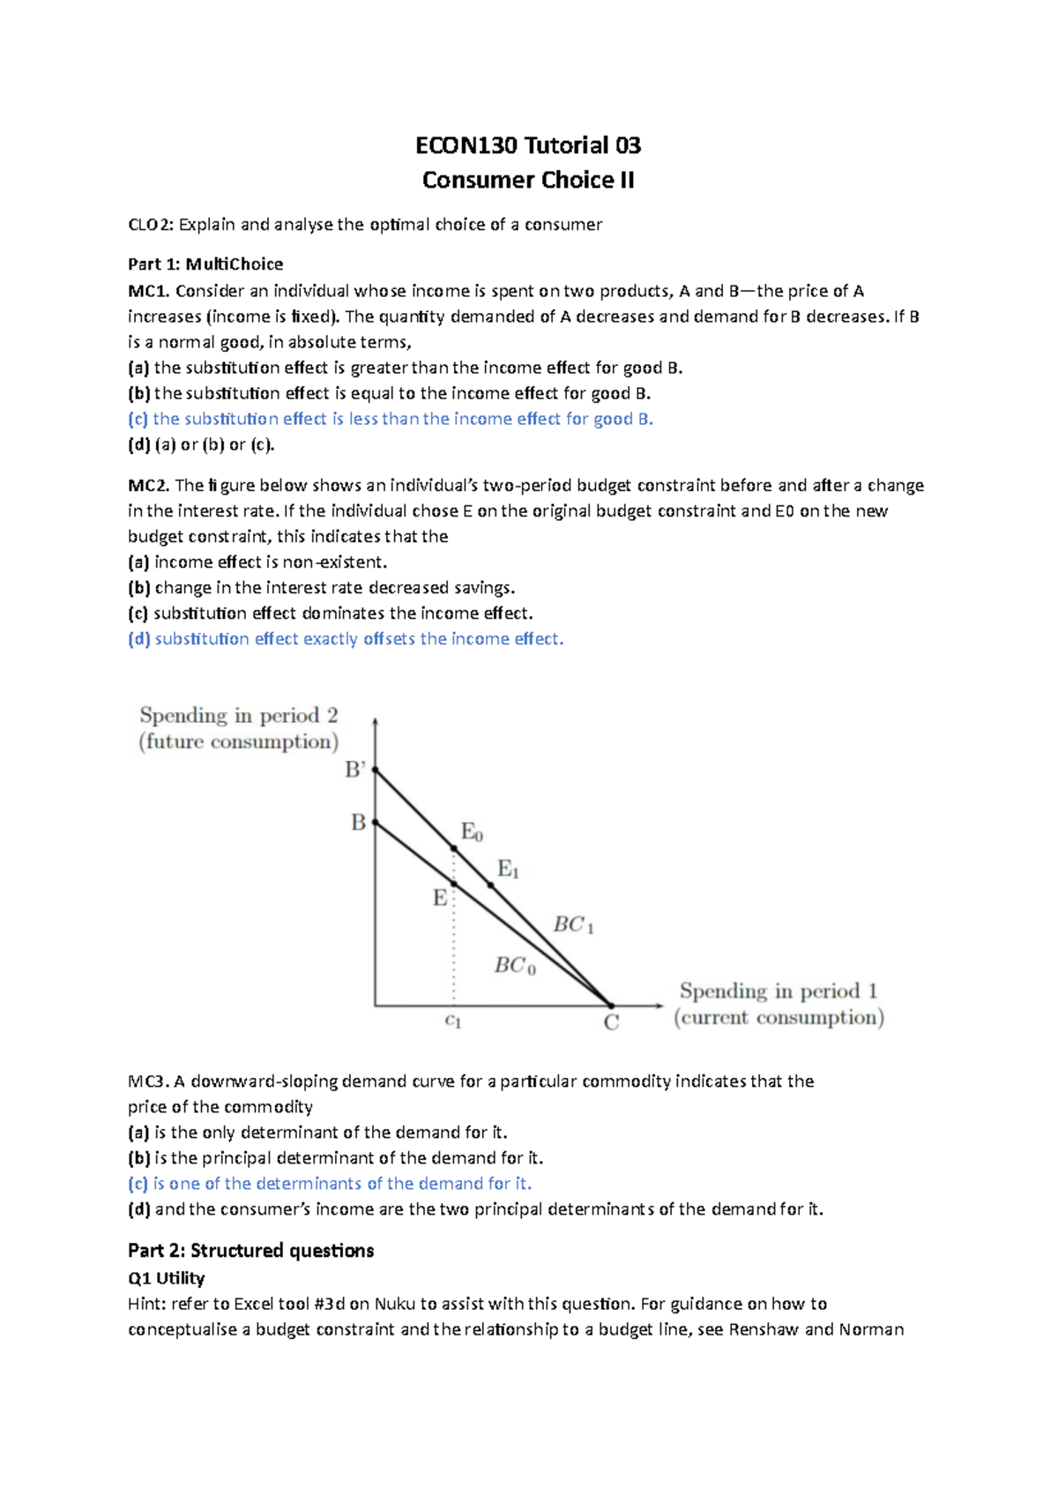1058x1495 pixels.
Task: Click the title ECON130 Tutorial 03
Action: click(528, 145)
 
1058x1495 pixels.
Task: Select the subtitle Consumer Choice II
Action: click(528, 180)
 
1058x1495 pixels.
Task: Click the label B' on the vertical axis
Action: click(354, 770)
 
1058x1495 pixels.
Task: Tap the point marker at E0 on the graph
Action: click(454, 848)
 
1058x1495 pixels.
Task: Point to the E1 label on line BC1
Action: click(508, 869)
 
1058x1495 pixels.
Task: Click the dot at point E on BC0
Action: click(454, 883)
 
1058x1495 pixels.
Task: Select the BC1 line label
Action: click(573, 925)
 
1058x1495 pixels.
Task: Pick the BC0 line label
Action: click(514, 965)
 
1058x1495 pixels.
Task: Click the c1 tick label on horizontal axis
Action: click(453, 1021)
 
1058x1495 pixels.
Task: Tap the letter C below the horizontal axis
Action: click(611, 1023)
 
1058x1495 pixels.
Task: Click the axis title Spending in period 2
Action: click(238, 715)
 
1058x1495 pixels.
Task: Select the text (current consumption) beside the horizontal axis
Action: click(779, 1017)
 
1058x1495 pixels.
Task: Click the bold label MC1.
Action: click(148, 291)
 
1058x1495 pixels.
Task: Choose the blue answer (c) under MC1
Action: click(391, 419)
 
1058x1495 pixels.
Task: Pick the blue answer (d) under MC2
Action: click(346, 638)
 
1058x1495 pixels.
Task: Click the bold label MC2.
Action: click(148, 485)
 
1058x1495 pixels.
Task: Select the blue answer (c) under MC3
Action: click(330, 1183)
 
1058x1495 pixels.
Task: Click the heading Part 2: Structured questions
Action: click(250, 1250)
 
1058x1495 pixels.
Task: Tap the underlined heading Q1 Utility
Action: click(166, 1278)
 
